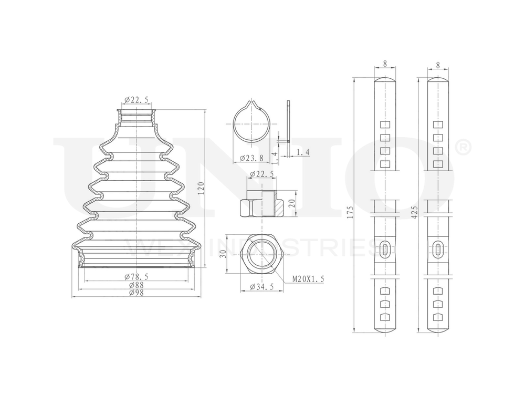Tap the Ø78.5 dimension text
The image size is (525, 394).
[136, 276]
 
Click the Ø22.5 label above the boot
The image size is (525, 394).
[135, 100]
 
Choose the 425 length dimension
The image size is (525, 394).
[414, 212]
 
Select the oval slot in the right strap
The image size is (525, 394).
[438, 249]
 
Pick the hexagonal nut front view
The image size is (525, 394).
[260, 253]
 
